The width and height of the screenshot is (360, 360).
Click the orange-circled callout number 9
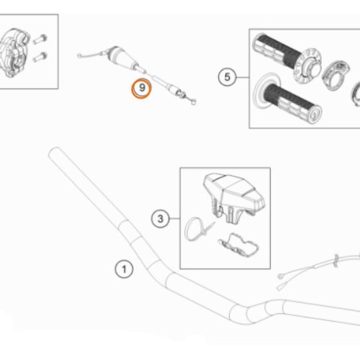[142, 89]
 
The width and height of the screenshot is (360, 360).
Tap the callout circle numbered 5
[227, 77]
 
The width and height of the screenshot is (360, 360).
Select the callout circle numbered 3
[160, 219]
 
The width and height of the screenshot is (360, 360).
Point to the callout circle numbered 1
[124, 269]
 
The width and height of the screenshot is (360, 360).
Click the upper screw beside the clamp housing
[40, 39]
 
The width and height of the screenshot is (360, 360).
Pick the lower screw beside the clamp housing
[40, 57]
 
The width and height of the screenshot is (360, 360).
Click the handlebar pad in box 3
[234, 197]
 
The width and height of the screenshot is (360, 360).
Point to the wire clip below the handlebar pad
[238, 246]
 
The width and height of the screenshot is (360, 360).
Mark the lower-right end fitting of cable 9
[194, 102]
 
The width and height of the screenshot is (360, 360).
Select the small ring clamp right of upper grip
[336, 75]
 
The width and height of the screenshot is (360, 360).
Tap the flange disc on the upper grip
[308, 66]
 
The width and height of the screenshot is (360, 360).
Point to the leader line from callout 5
[243, 77]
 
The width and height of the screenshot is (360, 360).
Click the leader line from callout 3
[175, 219]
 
